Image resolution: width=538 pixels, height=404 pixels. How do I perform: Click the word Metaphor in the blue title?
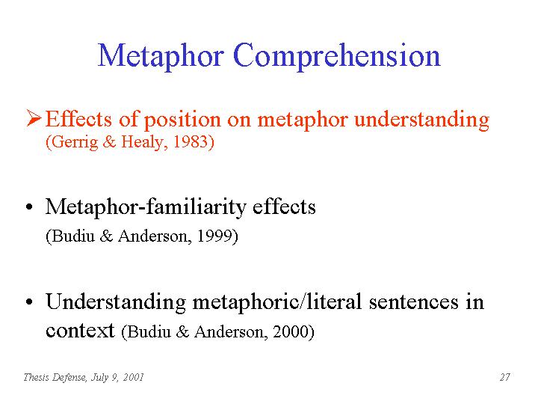[x=161, y=55]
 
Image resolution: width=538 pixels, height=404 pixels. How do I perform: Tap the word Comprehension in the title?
[x=336, y=55]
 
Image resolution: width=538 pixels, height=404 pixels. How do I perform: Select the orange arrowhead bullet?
[x=34, y=118]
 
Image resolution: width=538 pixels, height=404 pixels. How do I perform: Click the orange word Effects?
[x=78, y=119]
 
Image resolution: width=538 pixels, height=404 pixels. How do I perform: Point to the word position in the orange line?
[x=182, y=120]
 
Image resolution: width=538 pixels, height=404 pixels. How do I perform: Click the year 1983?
[x=191, y=142]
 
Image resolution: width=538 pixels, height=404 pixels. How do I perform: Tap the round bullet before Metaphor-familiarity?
[x=29, y=207]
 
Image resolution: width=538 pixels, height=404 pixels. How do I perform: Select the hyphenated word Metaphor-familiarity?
[x=146, y=207]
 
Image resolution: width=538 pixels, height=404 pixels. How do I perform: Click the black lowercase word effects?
[x=284, y=206]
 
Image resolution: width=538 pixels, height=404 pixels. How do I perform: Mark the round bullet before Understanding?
[x=29, y=302]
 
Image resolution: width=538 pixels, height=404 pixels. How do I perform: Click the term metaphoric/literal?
[x=277, y=302]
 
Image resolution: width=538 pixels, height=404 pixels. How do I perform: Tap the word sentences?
[x=413, y=302]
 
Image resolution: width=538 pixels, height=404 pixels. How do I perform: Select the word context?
[x=80, y=331]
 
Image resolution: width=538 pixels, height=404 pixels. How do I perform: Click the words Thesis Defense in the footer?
[x=55, y=377]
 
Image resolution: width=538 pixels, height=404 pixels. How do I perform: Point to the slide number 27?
[x=504, y=377]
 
